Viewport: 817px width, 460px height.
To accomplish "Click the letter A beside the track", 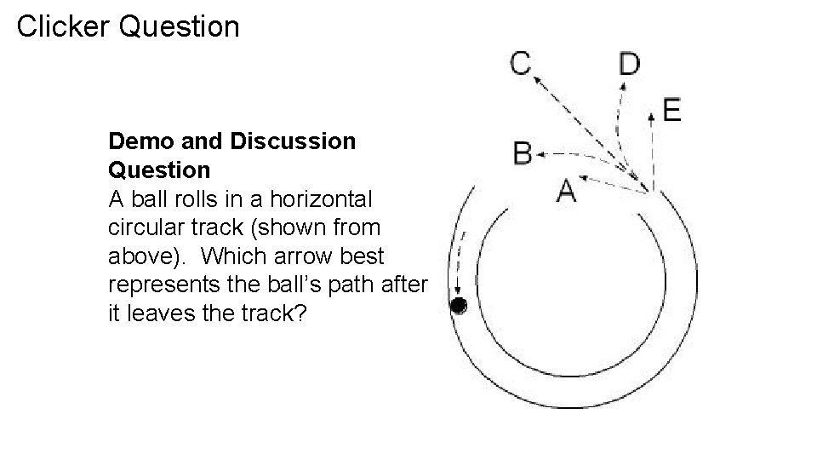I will [x=567, y=190].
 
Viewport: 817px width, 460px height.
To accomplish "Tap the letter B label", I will [x=523, y=154].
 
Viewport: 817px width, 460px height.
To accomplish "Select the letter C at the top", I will [x=521, y=63].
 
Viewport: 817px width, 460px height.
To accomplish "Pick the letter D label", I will [x=630, y=64].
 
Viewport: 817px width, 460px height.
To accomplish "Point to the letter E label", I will [x=671, y=110].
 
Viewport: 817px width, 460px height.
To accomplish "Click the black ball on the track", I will [x=459, y=305].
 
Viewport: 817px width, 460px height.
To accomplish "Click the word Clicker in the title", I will [x=64, y=26].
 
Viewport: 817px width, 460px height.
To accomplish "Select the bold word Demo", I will [x=139, y=141].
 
